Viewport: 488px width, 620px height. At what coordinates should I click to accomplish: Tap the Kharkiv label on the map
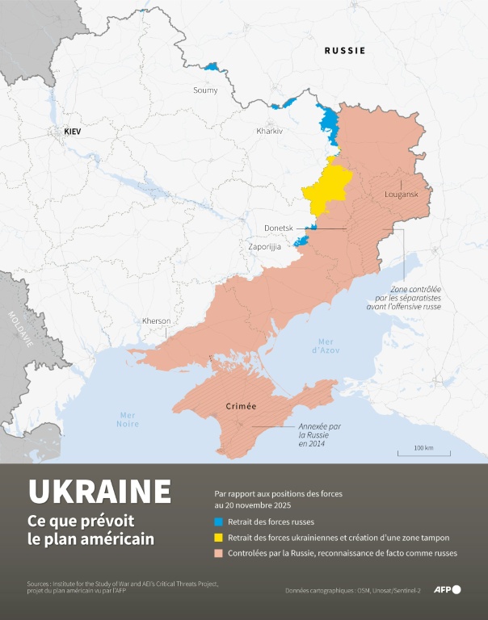coord(269,131)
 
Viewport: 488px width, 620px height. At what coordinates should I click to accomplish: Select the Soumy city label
coord(205,90)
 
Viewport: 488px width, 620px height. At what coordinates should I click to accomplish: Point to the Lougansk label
coord(400,195)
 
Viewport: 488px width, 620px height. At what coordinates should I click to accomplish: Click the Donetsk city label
coord(279,228)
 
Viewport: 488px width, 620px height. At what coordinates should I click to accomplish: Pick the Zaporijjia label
coord(264,246)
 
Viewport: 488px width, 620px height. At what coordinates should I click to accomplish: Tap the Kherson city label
coord(156,320)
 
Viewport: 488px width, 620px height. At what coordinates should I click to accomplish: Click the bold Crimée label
coord(241,406)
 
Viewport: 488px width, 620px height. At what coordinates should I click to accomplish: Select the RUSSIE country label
coord(345,50)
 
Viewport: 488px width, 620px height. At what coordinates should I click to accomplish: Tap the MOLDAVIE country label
coord(19,329)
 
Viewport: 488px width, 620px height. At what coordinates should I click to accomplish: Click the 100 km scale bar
coord(423,452)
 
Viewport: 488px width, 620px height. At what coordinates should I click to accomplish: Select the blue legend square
coord(218,522)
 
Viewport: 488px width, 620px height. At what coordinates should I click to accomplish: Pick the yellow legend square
coord(218,538)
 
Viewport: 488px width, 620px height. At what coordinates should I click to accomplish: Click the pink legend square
coord(218,554)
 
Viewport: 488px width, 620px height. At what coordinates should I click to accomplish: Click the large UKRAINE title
coord(99,491)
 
